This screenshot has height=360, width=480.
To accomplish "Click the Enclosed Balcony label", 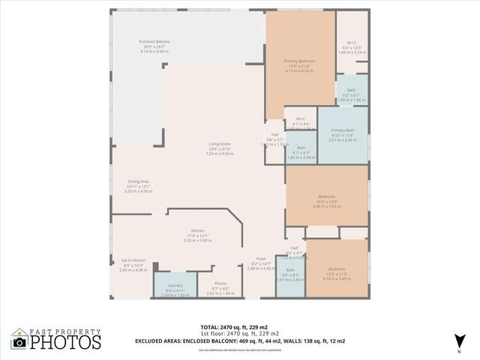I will click(x=153, y=46).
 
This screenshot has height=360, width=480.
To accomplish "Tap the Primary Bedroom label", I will click(x=299, y=65).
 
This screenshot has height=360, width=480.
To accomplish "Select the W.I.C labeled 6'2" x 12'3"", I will click(x=351, y=46).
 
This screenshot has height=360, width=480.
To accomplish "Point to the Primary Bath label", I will click(x=343, y=134).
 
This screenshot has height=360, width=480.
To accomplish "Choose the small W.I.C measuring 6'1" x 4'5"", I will click(x=300, y=123).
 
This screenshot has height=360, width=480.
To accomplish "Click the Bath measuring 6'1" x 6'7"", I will click(x=301, y=151).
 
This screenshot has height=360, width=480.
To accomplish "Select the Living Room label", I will click(x=220, y=148).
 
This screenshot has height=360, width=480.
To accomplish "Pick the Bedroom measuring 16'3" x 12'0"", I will click(x=326, y=200).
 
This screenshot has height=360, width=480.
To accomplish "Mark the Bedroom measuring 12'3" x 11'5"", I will click(x=336, y=274).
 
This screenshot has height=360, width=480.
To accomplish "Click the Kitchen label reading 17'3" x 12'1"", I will click(x=197, y=235).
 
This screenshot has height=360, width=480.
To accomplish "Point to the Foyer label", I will click(x=261, y=262).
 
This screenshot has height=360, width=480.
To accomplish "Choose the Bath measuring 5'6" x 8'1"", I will click(x=290, y=274).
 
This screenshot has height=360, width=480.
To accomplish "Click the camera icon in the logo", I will click(x=20, y=341).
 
